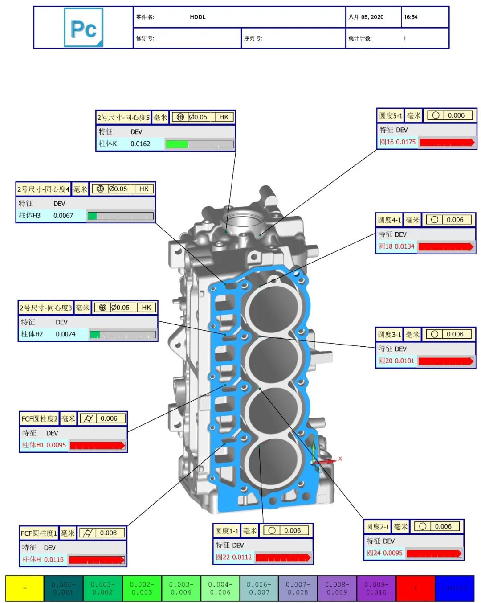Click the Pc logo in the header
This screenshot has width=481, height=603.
[x=84, y=28]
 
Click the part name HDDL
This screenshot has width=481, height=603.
[x=198, y=17]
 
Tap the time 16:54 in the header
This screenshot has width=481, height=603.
[x=411, y=17]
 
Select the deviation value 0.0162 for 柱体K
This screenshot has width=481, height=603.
[x=140, y=144]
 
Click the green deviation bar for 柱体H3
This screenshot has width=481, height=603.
[x=92, y=216]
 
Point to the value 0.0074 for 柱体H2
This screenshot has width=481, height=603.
[x=65, y=334]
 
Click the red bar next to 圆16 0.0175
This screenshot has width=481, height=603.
[x=447, y=142]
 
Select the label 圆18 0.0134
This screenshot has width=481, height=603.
[x=396, y=246]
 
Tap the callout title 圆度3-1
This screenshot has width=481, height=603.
[x=390, y=335]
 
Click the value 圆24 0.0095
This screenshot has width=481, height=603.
[x=384, y=553]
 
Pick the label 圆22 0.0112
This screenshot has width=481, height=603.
[x=234, y=557]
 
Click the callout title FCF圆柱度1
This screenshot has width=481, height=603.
[x=39, y=533]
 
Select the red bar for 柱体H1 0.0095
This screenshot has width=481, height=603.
[x=97, y=445]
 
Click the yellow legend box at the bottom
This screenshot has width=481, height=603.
[x=24, y=588]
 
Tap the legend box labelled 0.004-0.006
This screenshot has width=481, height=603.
[x=220, y=588]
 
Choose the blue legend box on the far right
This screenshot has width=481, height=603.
[x=454, y=588]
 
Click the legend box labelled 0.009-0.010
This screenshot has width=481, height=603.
[x=376, y=588]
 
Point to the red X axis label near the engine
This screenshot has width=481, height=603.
[x=340, y=459]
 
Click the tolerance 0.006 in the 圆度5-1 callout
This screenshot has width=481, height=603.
[x=456, y=115]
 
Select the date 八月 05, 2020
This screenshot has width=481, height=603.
[x=366, y=17]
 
